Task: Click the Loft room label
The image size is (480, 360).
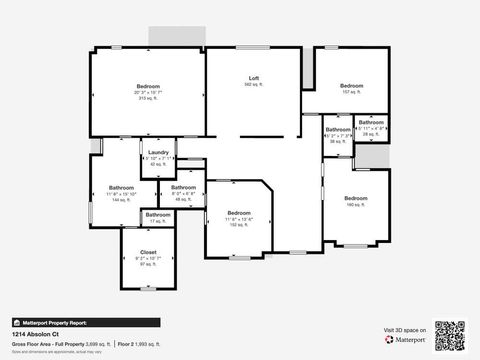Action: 254,78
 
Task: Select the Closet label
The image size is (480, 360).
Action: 148,252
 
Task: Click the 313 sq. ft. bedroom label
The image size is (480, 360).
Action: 148,87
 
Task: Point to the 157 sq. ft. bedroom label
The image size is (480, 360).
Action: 350,86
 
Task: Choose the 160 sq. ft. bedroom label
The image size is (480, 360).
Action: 356,199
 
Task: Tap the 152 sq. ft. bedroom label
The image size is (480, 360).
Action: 239,213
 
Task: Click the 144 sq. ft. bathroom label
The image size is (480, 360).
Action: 122,188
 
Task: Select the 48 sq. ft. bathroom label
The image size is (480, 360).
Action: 183,188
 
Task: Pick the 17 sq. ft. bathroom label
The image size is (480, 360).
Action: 158,215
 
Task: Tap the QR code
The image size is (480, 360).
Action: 451,334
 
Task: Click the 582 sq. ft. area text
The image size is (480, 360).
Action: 254,85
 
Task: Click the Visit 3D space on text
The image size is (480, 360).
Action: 405,329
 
